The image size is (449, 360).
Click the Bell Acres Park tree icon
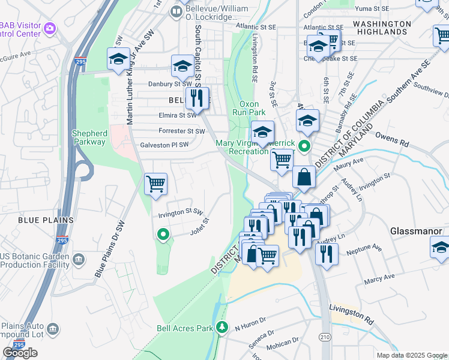(223, 328)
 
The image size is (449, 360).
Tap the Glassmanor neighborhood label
(416, 231)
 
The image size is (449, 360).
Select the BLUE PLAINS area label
(46, 220)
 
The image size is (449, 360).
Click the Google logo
(20, 353)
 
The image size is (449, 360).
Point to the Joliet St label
(199, 227)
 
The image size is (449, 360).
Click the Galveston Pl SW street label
(164, 145)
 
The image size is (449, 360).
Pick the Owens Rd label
(391, 143)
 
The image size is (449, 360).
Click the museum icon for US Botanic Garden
(79, 260)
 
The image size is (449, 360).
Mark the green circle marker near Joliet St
(161, 235)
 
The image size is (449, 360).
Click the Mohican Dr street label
(283, 343)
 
